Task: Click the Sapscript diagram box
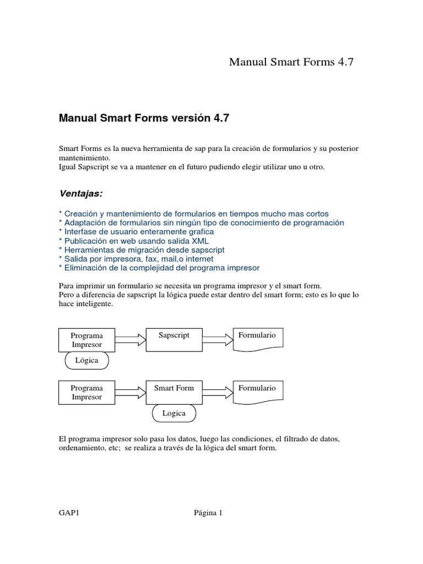pyautogui.click(x=173, y=339)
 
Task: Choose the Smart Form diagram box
pyautogui.click(x=173, y=392)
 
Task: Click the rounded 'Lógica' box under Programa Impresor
pyautogui.click(x=87, y=360)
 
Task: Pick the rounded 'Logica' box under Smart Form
pyautogui.click(x=174, y=413)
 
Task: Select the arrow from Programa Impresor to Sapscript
pyautogui.click(x=131, y=340)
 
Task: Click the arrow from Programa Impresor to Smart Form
pyautogui.click(x=131, y=393)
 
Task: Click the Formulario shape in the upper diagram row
pyautogui.click(x=258, y=339)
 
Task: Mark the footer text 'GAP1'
pyautogui.click(x=69, y=513)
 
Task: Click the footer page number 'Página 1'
pyautogui.click(x=208, y=513)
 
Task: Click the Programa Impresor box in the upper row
pyautogui.click(x=86, y=340)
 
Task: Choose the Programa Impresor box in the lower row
pyautogui.click(x=86, y=393)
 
